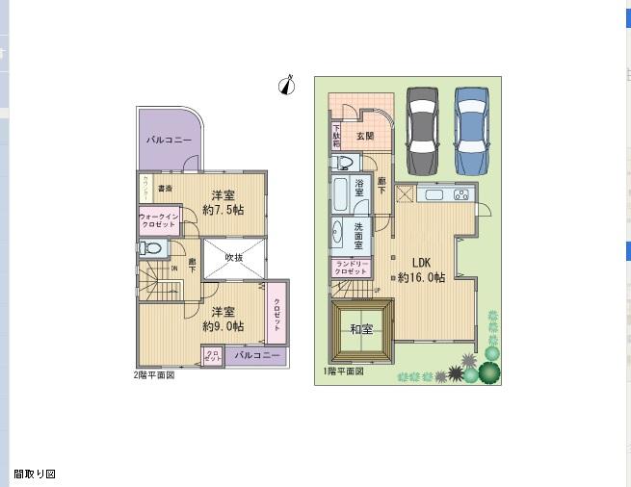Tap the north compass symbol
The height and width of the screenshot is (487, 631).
286,86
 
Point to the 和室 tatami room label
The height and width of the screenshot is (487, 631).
361,330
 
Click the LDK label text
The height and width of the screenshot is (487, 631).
423,262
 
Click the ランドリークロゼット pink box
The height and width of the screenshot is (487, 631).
350,269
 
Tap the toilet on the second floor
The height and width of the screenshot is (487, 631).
148,248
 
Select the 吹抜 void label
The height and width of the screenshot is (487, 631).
234,257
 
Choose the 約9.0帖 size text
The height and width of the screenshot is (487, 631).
223,326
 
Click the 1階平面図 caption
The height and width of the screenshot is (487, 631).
343,372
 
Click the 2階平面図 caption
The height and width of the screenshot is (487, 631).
154,374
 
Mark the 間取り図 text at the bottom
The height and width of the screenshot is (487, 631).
35,474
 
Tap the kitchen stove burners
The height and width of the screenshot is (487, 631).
460,195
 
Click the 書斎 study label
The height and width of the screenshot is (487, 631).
165,188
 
